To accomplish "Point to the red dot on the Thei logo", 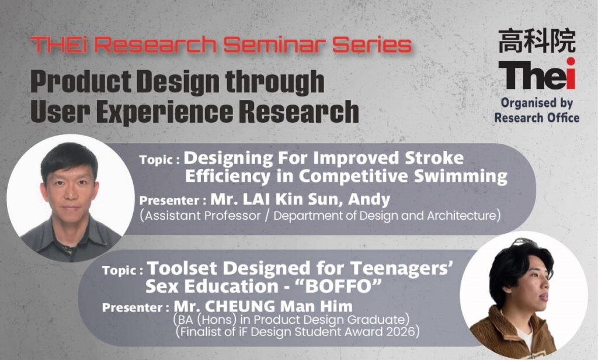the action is [x=571, y=62].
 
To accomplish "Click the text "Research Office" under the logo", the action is [x=537, y=117].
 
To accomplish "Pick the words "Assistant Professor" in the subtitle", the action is [x=203, y=216].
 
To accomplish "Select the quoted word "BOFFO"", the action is [x=339, y=286].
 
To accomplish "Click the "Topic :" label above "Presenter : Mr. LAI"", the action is [x=159, y=160].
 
